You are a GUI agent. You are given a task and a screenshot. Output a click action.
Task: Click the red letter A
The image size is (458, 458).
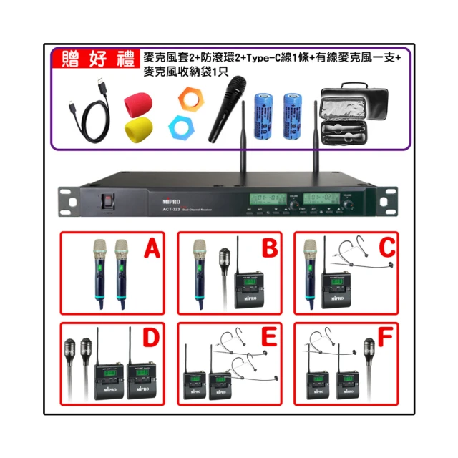150,250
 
